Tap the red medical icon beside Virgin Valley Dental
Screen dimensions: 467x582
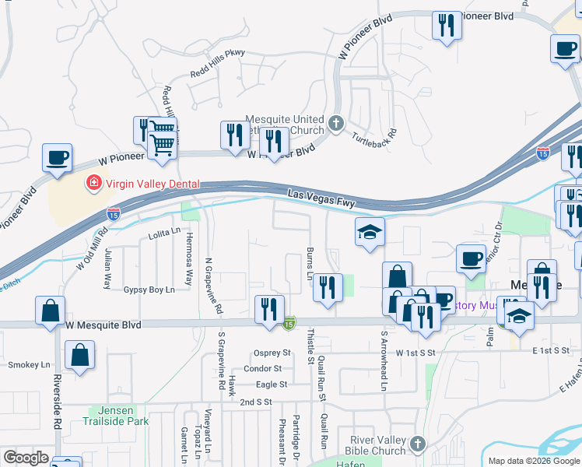[93, 184]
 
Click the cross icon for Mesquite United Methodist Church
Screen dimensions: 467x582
[335, 123]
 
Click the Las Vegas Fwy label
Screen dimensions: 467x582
[321, 198]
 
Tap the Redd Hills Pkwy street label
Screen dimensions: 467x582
[218, 75]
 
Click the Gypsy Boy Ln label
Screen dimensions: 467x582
[149, 290]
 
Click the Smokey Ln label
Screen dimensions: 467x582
[29, 364]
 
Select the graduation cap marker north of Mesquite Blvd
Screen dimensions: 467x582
[370, 232]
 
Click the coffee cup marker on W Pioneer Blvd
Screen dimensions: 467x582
[58, 158]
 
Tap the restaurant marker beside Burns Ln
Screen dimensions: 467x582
[328, 287]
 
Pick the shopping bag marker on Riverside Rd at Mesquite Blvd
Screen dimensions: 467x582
[50, 311]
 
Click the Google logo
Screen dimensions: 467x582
[26, 458]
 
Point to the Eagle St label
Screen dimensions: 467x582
[272, 384]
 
